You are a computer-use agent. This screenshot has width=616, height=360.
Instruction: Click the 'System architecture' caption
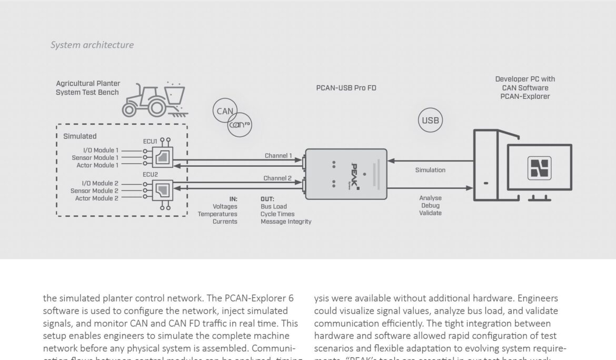pos(92,45)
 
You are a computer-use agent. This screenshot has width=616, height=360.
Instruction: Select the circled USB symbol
pos(430,121)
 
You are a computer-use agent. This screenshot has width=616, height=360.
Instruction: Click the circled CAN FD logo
pos(240,125)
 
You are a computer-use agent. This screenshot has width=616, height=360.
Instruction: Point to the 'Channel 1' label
pos(278,156)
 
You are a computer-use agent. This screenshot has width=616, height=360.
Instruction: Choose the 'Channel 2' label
pos(277,178)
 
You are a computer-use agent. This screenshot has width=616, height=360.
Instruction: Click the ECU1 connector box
pos(162,158)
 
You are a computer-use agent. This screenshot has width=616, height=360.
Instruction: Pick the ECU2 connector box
pos(162,190)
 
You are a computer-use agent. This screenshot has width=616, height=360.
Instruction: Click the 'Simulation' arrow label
pos(430,170)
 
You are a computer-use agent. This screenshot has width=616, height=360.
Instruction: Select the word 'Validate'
pos(430,213)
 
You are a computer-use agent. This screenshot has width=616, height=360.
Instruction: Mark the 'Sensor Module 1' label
pos(95,158)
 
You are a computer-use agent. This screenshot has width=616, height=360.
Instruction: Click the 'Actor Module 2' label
pos(96,198)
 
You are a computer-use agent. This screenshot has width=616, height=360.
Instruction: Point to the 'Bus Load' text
pos(274,207)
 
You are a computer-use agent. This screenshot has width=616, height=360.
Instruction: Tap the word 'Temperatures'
pos(217,214)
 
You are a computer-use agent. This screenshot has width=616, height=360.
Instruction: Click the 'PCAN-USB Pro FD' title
pos(346,88)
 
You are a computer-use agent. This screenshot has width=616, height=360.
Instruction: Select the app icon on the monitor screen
pos(539,168)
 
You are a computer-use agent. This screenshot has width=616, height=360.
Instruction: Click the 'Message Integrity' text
pos(286,222)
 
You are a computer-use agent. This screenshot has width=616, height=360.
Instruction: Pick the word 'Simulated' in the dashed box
pos(80,136)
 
